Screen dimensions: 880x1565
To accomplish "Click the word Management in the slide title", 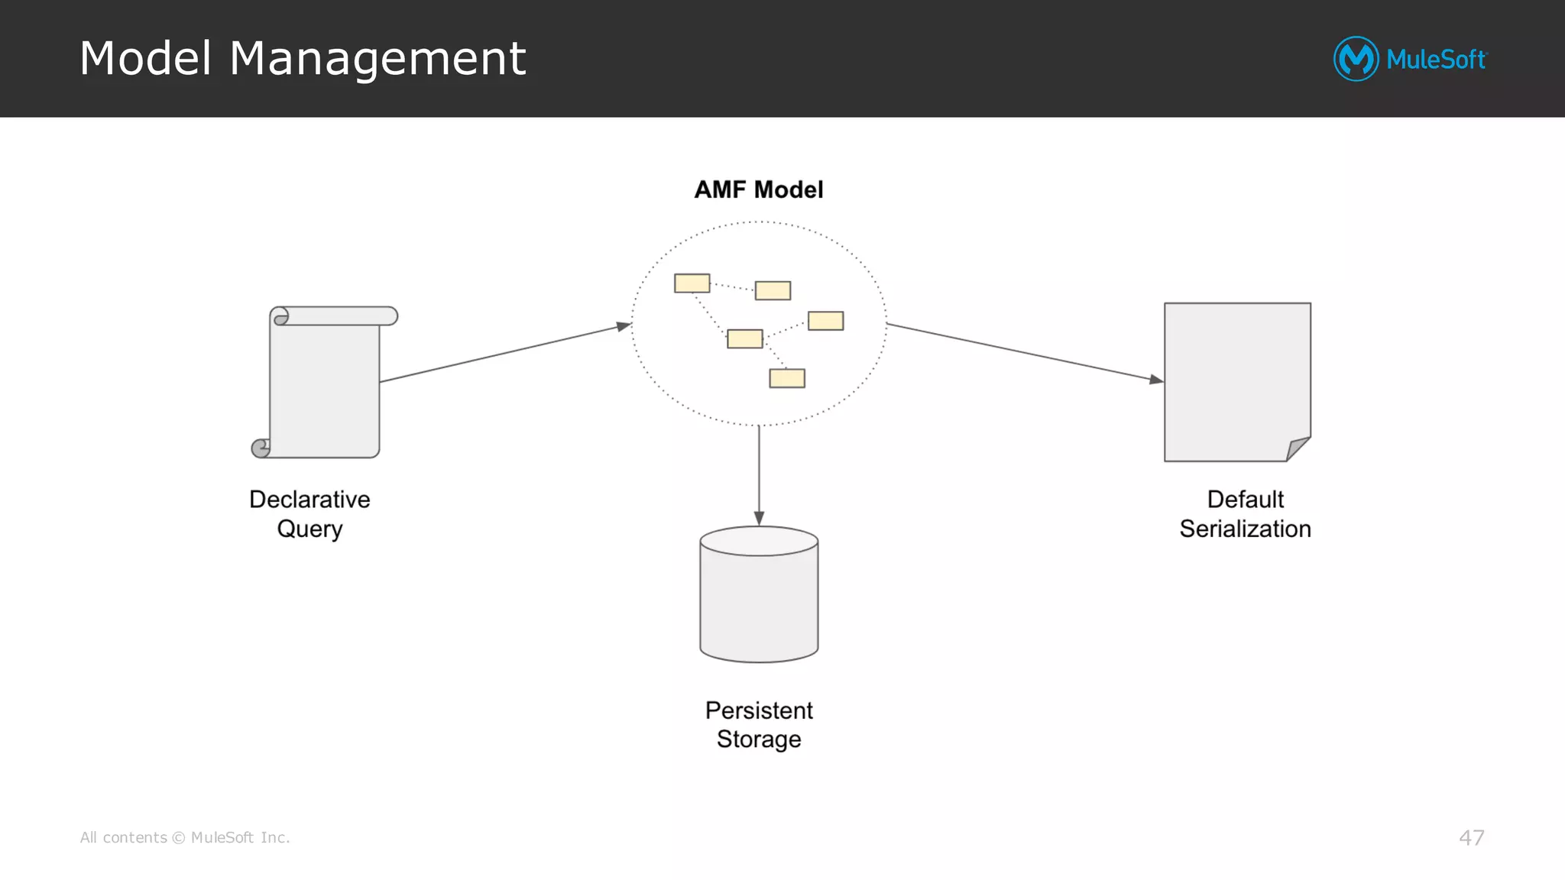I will pos(377,59).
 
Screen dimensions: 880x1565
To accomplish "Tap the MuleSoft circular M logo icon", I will pos(1356,59).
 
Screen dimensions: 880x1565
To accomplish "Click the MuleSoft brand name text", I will pos(1436,60).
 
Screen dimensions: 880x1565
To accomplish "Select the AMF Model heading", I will pos(758,189).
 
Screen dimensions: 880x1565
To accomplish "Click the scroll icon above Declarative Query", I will pos(325,382).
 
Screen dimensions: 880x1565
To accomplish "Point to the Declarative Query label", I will pos(309,513).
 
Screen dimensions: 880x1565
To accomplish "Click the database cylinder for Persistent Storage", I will pos(759,596).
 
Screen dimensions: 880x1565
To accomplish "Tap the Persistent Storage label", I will pos(759,724).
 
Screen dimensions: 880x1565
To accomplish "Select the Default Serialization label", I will pos(1245,513).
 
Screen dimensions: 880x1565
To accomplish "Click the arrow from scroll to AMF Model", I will pos(504,353).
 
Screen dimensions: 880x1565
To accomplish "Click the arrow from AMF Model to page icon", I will pos(1024,351).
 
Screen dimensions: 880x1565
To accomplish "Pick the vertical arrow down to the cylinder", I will pos(759,474).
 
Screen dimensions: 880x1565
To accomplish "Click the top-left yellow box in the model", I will pos(692,283).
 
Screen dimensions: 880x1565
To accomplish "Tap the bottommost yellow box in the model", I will pos(786,378).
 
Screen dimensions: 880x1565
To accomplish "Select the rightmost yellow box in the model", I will pos(825,321).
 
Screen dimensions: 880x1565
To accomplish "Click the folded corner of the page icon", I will pos(1297,448).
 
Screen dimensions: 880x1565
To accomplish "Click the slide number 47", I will pos(1471,837).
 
